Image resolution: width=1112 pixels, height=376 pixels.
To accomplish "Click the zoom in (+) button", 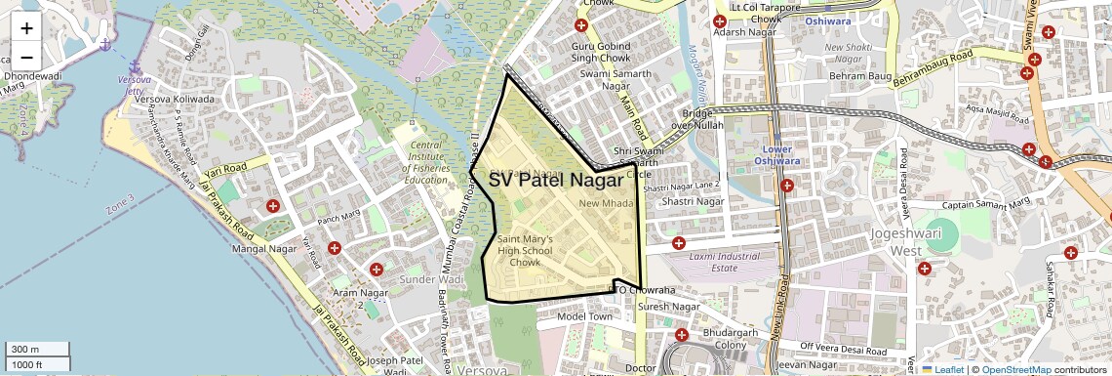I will point(26,27).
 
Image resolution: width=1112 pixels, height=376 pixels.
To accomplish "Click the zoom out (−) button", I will point(26,57).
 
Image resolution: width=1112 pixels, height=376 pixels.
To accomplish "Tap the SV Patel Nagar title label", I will point(555,180).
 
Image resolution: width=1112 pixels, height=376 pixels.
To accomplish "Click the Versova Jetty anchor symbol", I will point(104,45).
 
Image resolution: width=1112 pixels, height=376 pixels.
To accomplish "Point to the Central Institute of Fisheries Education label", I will point(426,162).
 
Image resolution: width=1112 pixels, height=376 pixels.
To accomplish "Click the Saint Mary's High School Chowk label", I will point(525,250).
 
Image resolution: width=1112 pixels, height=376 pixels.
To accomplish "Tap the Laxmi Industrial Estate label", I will point(724,262).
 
